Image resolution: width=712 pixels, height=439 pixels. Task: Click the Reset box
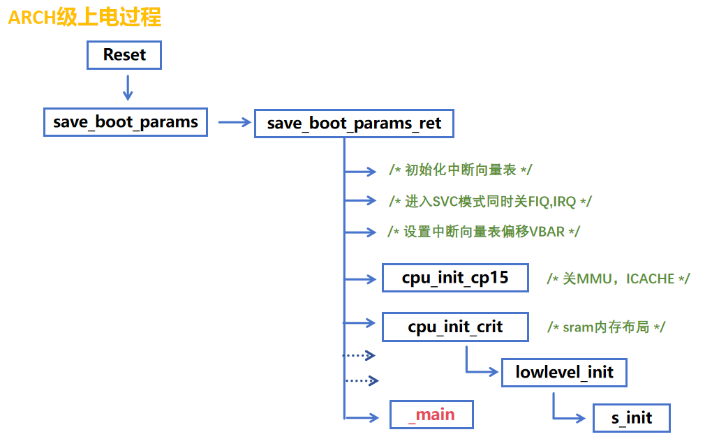(124, 55)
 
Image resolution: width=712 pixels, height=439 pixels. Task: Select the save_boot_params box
(126, 122)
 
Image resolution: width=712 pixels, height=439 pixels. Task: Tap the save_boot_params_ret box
(354, 124)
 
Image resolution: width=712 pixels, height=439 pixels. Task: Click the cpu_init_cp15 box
(455, 278)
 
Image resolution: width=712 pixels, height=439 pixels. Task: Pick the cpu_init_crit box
(455, 327)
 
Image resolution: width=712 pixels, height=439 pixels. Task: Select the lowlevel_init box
(564, 372)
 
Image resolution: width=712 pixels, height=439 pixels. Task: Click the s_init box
(631, 418)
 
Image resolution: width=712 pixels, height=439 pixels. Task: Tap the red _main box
(431, 415)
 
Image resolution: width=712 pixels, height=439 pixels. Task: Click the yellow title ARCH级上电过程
(84, 17)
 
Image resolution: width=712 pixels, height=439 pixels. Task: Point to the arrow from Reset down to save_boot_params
(127, 87)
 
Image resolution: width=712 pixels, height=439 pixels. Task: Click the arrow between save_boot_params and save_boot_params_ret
(234, 122)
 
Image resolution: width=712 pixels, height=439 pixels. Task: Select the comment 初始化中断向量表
(461, 170)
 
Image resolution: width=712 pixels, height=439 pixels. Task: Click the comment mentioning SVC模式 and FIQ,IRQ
(490, 201)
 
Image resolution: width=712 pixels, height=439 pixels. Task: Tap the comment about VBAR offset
(483, 231)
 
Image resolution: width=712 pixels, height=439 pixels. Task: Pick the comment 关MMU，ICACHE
(618, 278)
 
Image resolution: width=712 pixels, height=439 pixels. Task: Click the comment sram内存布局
(606, 327)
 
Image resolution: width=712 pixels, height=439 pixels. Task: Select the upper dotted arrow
(360, 355)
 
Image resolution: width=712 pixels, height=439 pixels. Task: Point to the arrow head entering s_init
(579, 418)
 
